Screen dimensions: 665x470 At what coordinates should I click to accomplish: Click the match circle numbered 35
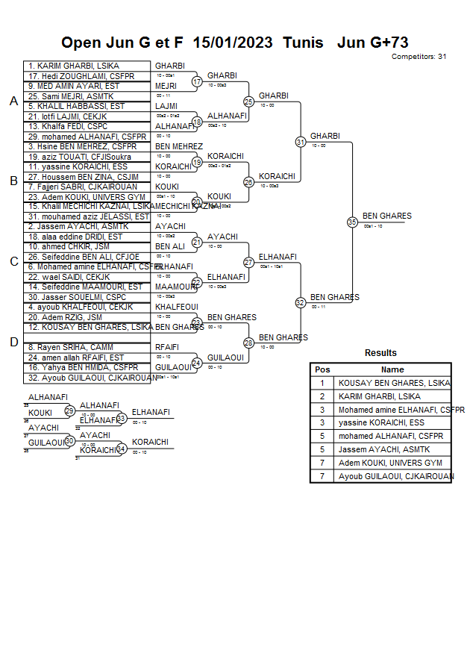click(352, 222)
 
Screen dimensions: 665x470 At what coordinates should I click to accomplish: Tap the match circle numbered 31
click(301, 142)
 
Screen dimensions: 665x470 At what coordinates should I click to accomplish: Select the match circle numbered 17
click(197, 81)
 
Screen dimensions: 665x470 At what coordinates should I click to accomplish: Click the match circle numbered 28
click(249, 343)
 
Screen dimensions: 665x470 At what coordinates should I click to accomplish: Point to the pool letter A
click(13, 102)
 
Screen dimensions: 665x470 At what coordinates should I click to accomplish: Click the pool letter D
click(13, 342)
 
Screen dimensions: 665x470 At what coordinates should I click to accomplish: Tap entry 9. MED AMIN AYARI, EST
click(73, 87)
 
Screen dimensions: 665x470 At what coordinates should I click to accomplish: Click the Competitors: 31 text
click(419, 56)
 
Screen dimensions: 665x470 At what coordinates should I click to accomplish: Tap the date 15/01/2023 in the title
click(234, 43)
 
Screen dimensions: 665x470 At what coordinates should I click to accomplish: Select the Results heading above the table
click(380, 353)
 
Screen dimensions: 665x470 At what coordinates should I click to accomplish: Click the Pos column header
click(322, 369)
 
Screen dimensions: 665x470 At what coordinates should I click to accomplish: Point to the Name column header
click(392, 369)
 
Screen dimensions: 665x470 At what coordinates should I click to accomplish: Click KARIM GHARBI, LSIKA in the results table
click(379, 397)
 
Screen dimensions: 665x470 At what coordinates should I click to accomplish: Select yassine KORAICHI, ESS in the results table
click(381, 422)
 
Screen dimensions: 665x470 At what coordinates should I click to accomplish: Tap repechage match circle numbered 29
click(69, 411)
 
